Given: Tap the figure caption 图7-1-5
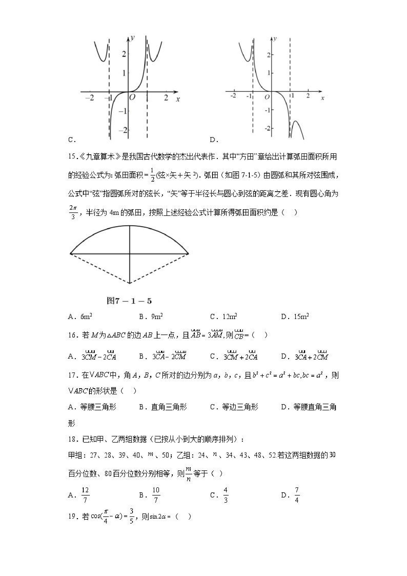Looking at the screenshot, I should tap(129, 301).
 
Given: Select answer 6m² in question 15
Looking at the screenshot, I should tap(86, 316).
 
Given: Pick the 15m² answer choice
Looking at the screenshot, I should tap(301, 316).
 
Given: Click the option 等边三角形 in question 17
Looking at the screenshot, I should tap(240, 407).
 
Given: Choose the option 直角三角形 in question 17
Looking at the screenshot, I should tap(169, 407).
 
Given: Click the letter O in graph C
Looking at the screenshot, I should tap(132, 97).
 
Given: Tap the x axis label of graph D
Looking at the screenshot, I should tap(323, 98).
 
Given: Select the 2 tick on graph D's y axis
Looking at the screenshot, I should tap(268, 54).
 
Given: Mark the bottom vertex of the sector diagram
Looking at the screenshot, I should tap(130, 283).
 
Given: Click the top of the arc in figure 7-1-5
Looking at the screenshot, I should tap(130, 226).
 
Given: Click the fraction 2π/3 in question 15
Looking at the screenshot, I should tap(73, 212).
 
